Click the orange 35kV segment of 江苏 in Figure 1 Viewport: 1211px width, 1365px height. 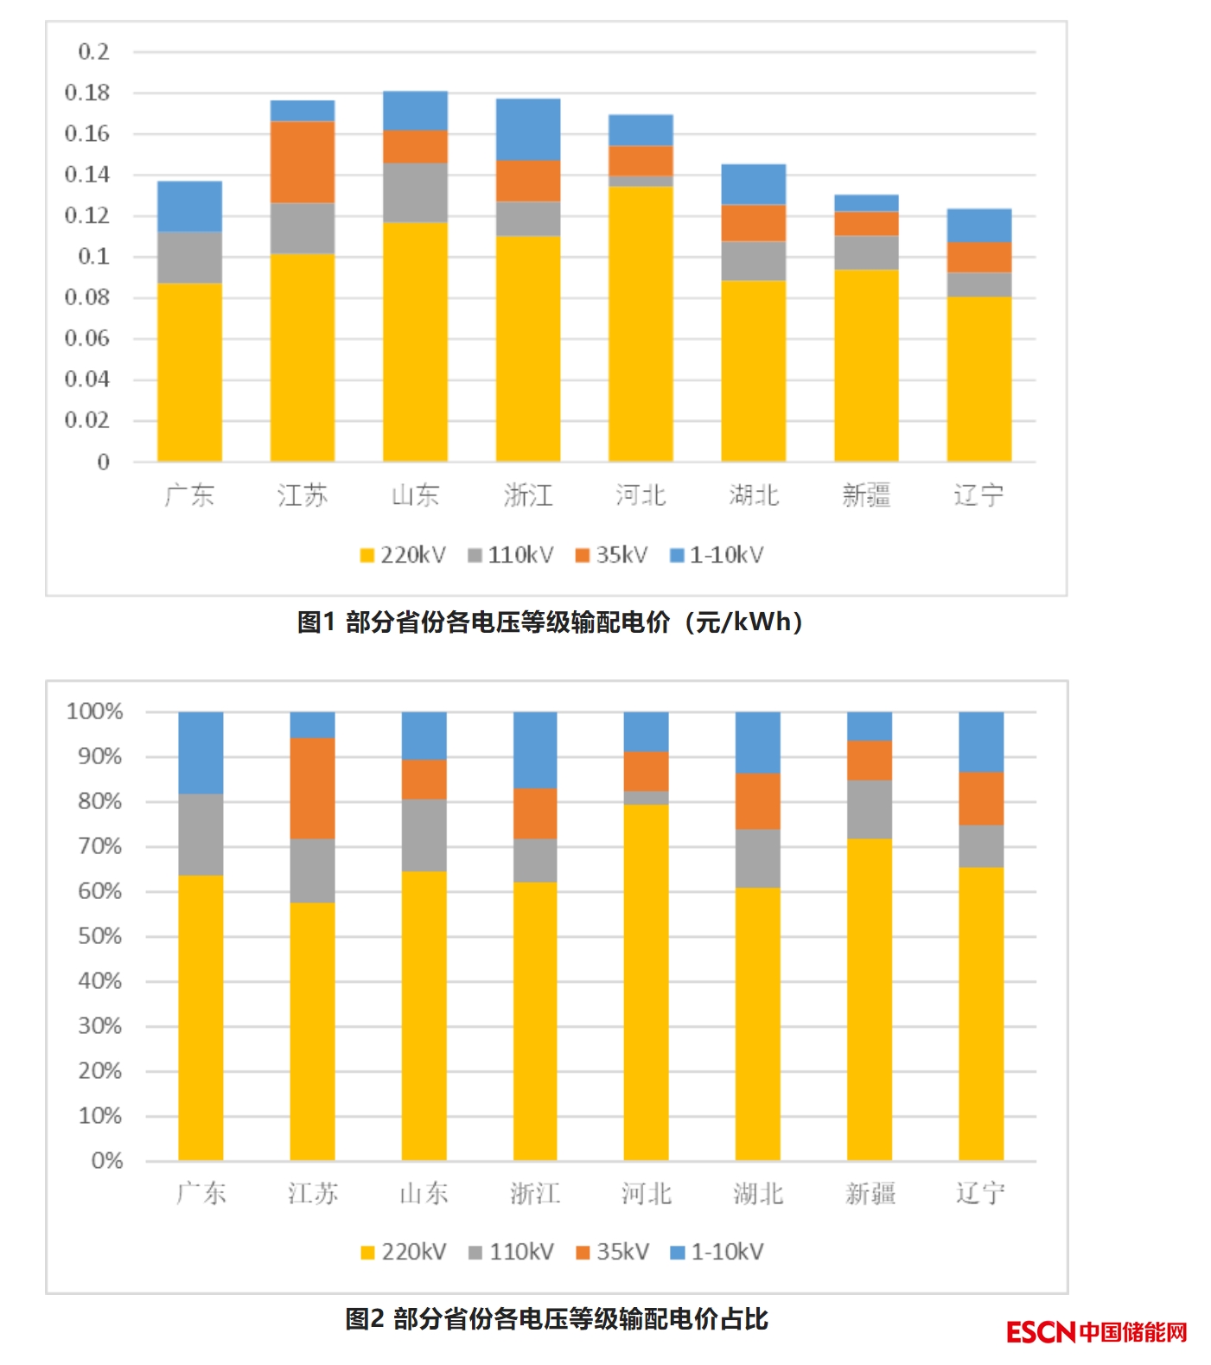pos(302,162)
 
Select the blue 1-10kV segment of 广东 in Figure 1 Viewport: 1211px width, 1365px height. pos(189,206)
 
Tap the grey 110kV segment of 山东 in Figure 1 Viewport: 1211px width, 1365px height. pos(415,192)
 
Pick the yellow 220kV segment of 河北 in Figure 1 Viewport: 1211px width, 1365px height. pos(641,323)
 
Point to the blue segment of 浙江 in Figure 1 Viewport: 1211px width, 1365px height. pos(528,129)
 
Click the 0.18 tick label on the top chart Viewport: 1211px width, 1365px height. pos(87,92)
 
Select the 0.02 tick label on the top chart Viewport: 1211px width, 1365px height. pos(87,420)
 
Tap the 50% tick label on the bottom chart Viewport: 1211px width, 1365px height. pos(99,936)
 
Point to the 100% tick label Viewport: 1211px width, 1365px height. pos(95,711)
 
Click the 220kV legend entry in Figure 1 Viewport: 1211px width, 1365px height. pos(404,555)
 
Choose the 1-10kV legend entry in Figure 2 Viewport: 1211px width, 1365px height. pos(717,1252)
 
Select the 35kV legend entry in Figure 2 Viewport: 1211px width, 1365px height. pos(613,1252)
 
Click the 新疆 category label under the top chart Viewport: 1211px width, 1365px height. pos(866,495)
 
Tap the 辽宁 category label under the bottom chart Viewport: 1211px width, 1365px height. pos(980,1194)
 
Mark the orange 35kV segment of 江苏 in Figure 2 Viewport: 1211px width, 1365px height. pos(312,788)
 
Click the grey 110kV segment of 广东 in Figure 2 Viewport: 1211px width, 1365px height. pos(201,834)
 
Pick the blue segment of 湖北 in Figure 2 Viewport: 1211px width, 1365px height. pos(758,742)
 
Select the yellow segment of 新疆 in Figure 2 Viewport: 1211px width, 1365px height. pos(870,998)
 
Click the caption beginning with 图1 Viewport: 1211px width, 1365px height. pos(551,622)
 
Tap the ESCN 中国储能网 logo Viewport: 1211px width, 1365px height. pos(1096,1331)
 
